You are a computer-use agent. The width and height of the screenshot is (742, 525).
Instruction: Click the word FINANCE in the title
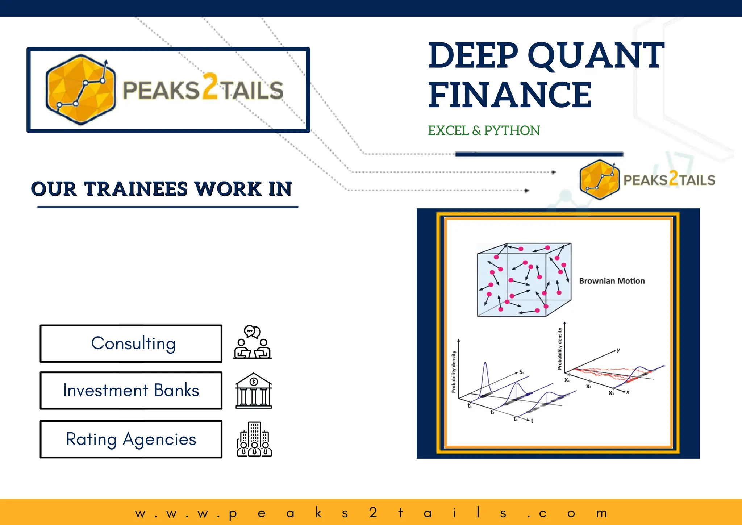(x=510, y=95)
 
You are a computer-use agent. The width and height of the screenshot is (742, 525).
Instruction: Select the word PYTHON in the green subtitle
(x=512, y=130)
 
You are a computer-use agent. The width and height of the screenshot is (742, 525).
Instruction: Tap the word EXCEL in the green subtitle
(x=449, y=130)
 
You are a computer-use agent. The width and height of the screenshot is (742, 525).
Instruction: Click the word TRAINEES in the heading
(x=136, y=189)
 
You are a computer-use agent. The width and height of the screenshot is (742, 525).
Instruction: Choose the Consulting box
(x=131, y=343)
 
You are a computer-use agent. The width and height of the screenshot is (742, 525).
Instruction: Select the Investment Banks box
(x=131, y=391)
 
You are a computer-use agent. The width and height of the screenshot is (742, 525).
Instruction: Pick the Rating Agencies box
(x=131, y=439)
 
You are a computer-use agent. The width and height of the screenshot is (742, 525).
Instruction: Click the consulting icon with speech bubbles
(x=253, y=342)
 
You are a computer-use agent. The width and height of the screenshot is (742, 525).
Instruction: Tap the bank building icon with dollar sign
(x=254, y=391)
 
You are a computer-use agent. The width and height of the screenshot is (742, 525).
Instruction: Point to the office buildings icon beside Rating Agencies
(x=254, y=439)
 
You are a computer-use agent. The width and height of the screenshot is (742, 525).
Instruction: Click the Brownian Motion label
(x=612, y=281)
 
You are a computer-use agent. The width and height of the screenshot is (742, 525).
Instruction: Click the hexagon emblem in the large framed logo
(x=80, y=90)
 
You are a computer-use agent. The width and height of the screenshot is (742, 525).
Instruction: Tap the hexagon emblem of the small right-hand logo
(x=599, y=180)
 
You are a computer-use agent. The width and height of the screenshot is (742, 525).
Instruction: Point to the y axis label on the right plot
(x=618, y=350)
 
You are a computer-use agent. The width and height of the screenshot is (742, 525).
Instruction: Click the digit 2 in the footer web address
(x=373, y=513)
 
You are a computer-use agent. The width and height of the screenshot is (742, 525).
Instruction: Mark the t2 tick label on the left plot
(x=492, y=412)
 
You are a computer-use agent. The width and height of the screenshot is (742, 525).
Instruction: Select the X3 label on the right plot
(x=611, y=393)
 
